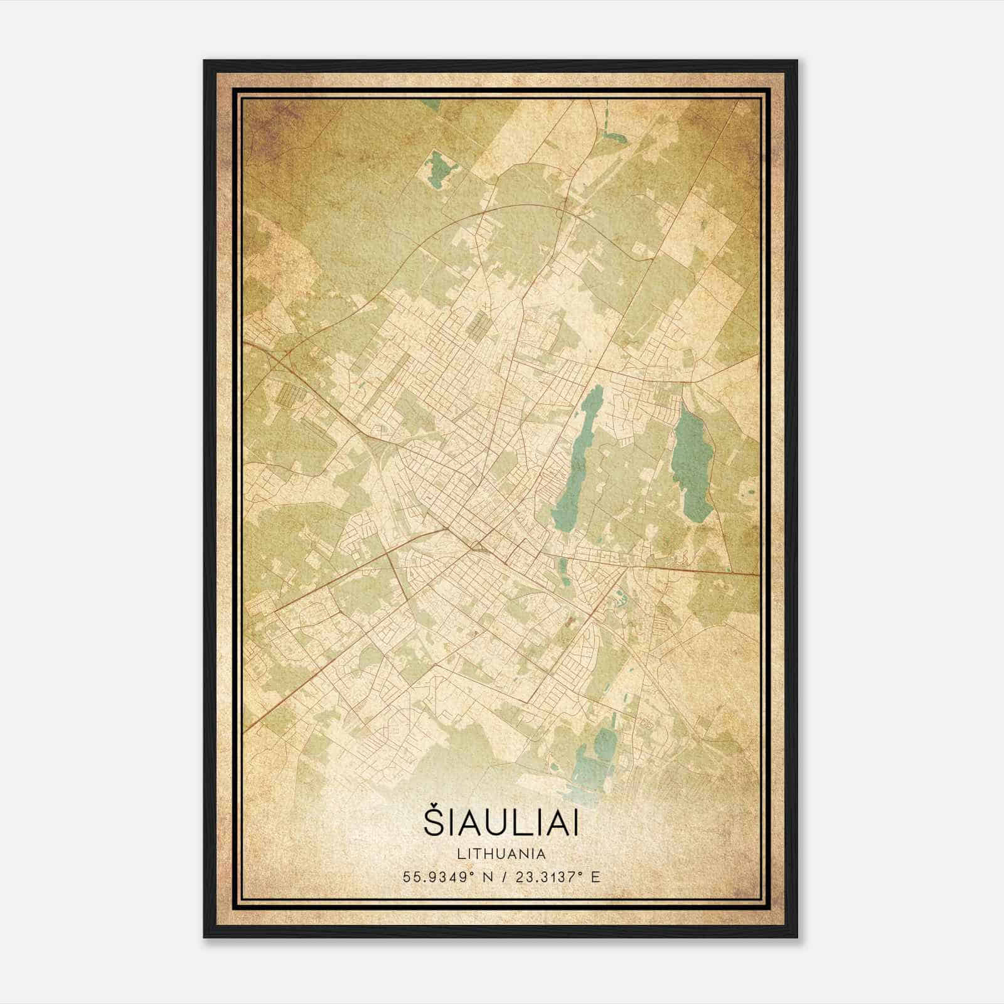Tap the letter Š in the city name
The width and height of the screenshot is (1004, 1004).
point(433,823)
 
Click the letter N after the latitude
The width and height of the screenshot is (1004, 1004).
point(486,877)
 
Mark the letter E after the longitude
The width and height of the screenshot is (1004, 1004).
point(595,877)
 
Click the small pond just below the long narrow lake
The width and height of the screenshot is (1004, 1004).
point(562,568)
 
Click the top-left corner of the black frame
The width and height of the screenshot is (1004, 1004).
point(205,61)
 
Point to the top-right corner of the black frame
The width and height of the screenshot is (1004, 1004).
point(797,61)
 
